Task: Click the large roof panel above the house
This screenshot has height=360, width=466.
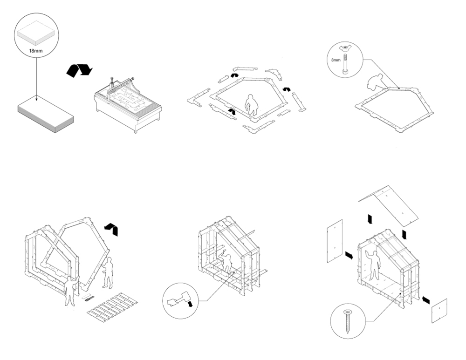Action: pos(391,204)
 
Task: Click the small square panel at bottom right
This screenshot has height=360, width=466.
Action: pos(439,311)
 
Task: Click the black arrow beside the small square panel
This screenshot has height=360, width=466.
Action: pos(425,300)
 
